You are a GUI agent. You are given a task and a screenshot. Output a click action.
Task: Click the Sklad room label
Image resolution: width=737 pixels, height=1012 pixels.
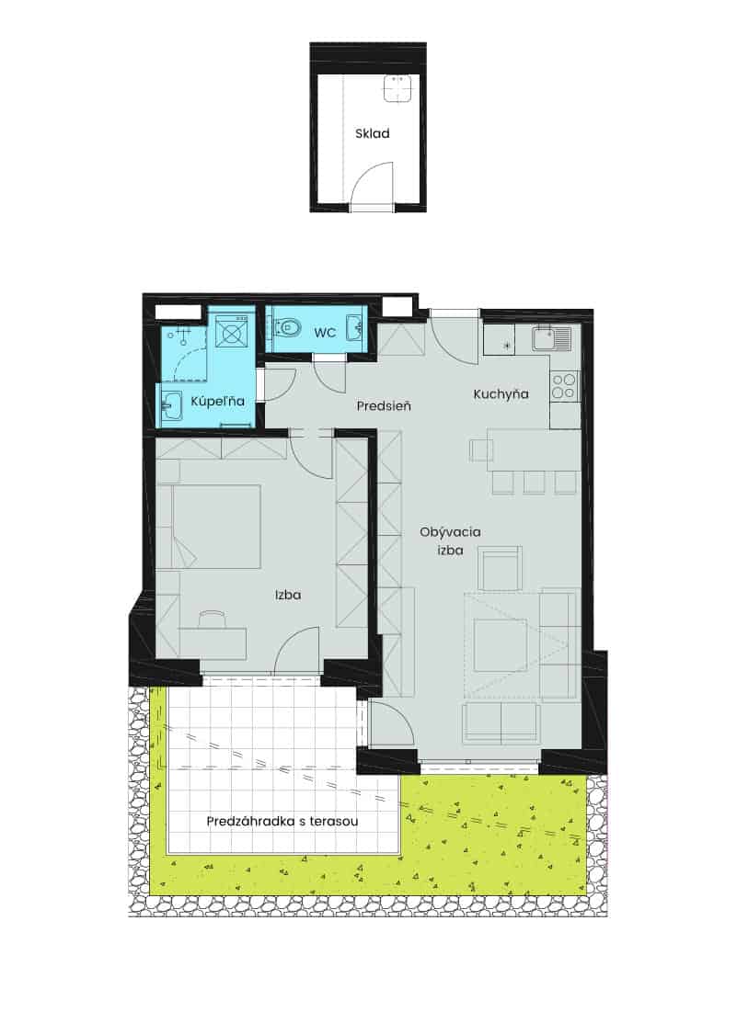(372, 133)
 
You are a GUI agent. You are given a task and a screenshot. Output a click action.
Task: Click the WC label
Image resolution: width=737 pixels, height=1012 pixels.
(325, 333)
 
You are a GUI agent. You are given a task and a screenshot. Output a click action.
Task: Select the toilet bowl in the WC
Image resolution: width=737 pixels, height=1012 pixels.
(286, 329)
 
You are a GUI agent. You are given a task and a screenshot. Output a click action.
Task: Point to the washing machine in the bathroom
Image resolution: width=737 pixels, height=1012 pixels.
(231, 332)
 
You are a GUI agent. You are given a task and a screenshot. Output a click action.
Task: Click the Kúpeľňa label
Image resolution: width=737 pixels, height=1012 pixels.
(218, 401)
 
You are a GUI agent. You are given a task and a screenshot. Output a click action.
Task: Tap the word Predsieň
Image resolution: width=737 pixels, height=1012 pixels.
(384, 406)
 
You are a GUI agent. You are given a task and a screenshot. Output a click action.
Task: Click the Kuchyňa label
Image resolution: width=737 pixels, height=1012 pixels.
(501, 393)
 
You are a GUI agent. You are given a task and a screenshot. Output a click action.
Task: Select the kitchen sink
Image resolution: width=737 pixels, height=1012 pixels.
(551, 339)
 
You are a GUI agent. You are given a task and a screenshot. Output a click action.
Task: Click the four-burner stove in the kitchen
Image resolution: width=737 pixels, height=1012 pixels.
(563, 385)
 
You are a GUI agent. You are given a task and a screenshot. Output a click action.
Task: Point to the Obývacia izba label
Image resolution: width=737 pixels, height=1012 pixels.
(450, 540)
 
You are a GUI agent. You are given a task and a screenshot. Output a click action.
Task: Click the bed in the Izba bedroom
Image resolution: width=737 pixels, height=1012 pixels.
(215, 527)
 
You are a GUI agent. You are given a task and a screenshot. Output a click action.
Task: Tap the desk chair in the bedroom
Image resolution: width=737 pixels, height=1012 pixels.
(213, 619)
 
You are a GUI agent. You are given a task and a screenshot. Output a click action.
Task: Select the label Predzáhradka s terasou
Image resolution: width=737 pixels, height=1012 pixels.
(282, 821)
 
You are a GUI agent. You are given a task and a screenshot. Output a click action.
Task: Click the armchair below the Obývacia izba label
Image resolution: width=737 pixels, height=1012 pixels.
(501, 568)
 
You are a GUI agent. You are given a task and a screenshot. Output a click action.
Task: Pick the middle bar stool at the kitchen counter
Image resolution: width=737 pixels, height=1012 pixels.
(534, 483)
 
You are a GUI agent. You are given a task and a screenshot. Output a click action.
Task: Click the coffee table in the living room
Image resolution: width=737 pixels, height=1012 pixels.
(500, 644)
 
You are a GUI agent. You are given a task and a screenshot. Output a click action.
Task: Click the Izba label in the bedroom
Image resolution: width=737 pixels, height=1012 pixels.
(287, 595)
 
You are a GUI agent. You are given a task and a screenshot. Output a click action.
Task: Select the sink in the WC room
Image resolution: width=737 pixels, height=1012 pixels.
(354, 329)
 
